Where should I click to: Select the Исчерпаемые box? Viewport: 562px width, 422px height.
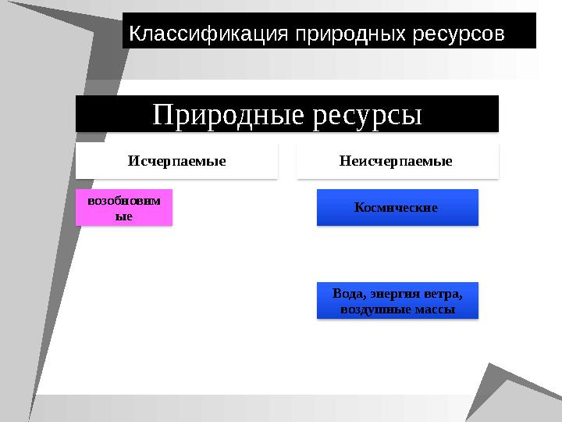click(176, 161)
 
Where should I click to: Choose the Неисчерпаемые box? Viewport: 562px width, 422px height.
click(397, 161)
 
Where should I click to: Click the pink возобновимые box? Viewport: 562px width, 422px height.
click(123, 207)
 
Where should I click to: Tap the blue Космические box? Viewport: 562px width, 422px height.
click(397, 208)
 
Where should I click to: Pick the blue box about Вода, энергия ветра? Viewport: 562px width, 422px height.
click(397, 302)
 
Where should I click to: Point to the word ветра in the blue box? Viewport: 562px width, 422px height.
click(443, 295)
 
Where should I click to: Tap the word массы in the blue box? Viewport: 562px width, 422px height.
click(434, 309)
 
